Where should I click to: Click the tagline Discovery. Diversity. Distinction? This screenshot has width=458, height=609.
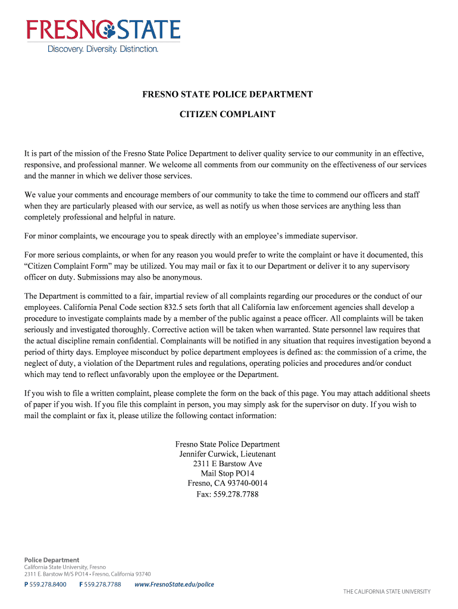pyautogui.click(x=103, y=49)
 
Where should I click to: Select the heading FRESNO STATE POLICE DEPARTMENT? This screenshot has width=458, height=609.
pyautogui.click(x=227, y=95)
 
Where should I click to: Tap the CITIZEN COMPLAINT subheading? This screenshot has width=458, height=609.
pyautogui.click(x=227, y=114)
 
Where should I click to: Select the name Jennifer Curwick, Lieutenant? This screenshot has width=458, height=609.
pyautogui.click(x=227, y=454)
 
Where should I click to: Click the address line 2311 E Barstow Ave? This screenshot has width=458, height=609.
pyautogui.click(x=227, y=464)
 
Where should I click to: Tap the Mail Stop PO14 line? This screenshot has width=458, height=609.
pyautogui.click(x=227, y=474)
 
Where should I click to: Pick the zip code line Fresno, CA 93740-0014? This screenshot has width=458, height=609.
pyautogui.click(x=227, y=484)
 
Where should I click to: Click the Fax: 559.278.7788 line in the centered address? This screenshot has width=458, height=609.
pyautogui.click(x=227, y=494)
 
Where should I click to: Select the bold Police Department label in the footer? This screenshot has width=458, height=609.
pyautogui.click(x=51, y=560)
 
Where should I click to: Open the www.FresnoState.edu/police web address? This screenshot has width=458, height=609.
pyautogui.click(x=174, y=585)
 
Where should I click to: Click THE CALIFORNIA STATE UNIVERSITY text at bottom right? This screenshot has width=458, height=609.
pyautogui.click(x=387, y=592)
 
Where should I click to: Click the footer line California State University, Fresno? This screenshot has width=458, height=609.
pyautogui.click(x=65, y=567)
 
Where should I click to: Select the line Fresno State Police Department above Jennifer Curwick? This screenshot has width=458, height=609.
pyautogui.click(x=227, y=444)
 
